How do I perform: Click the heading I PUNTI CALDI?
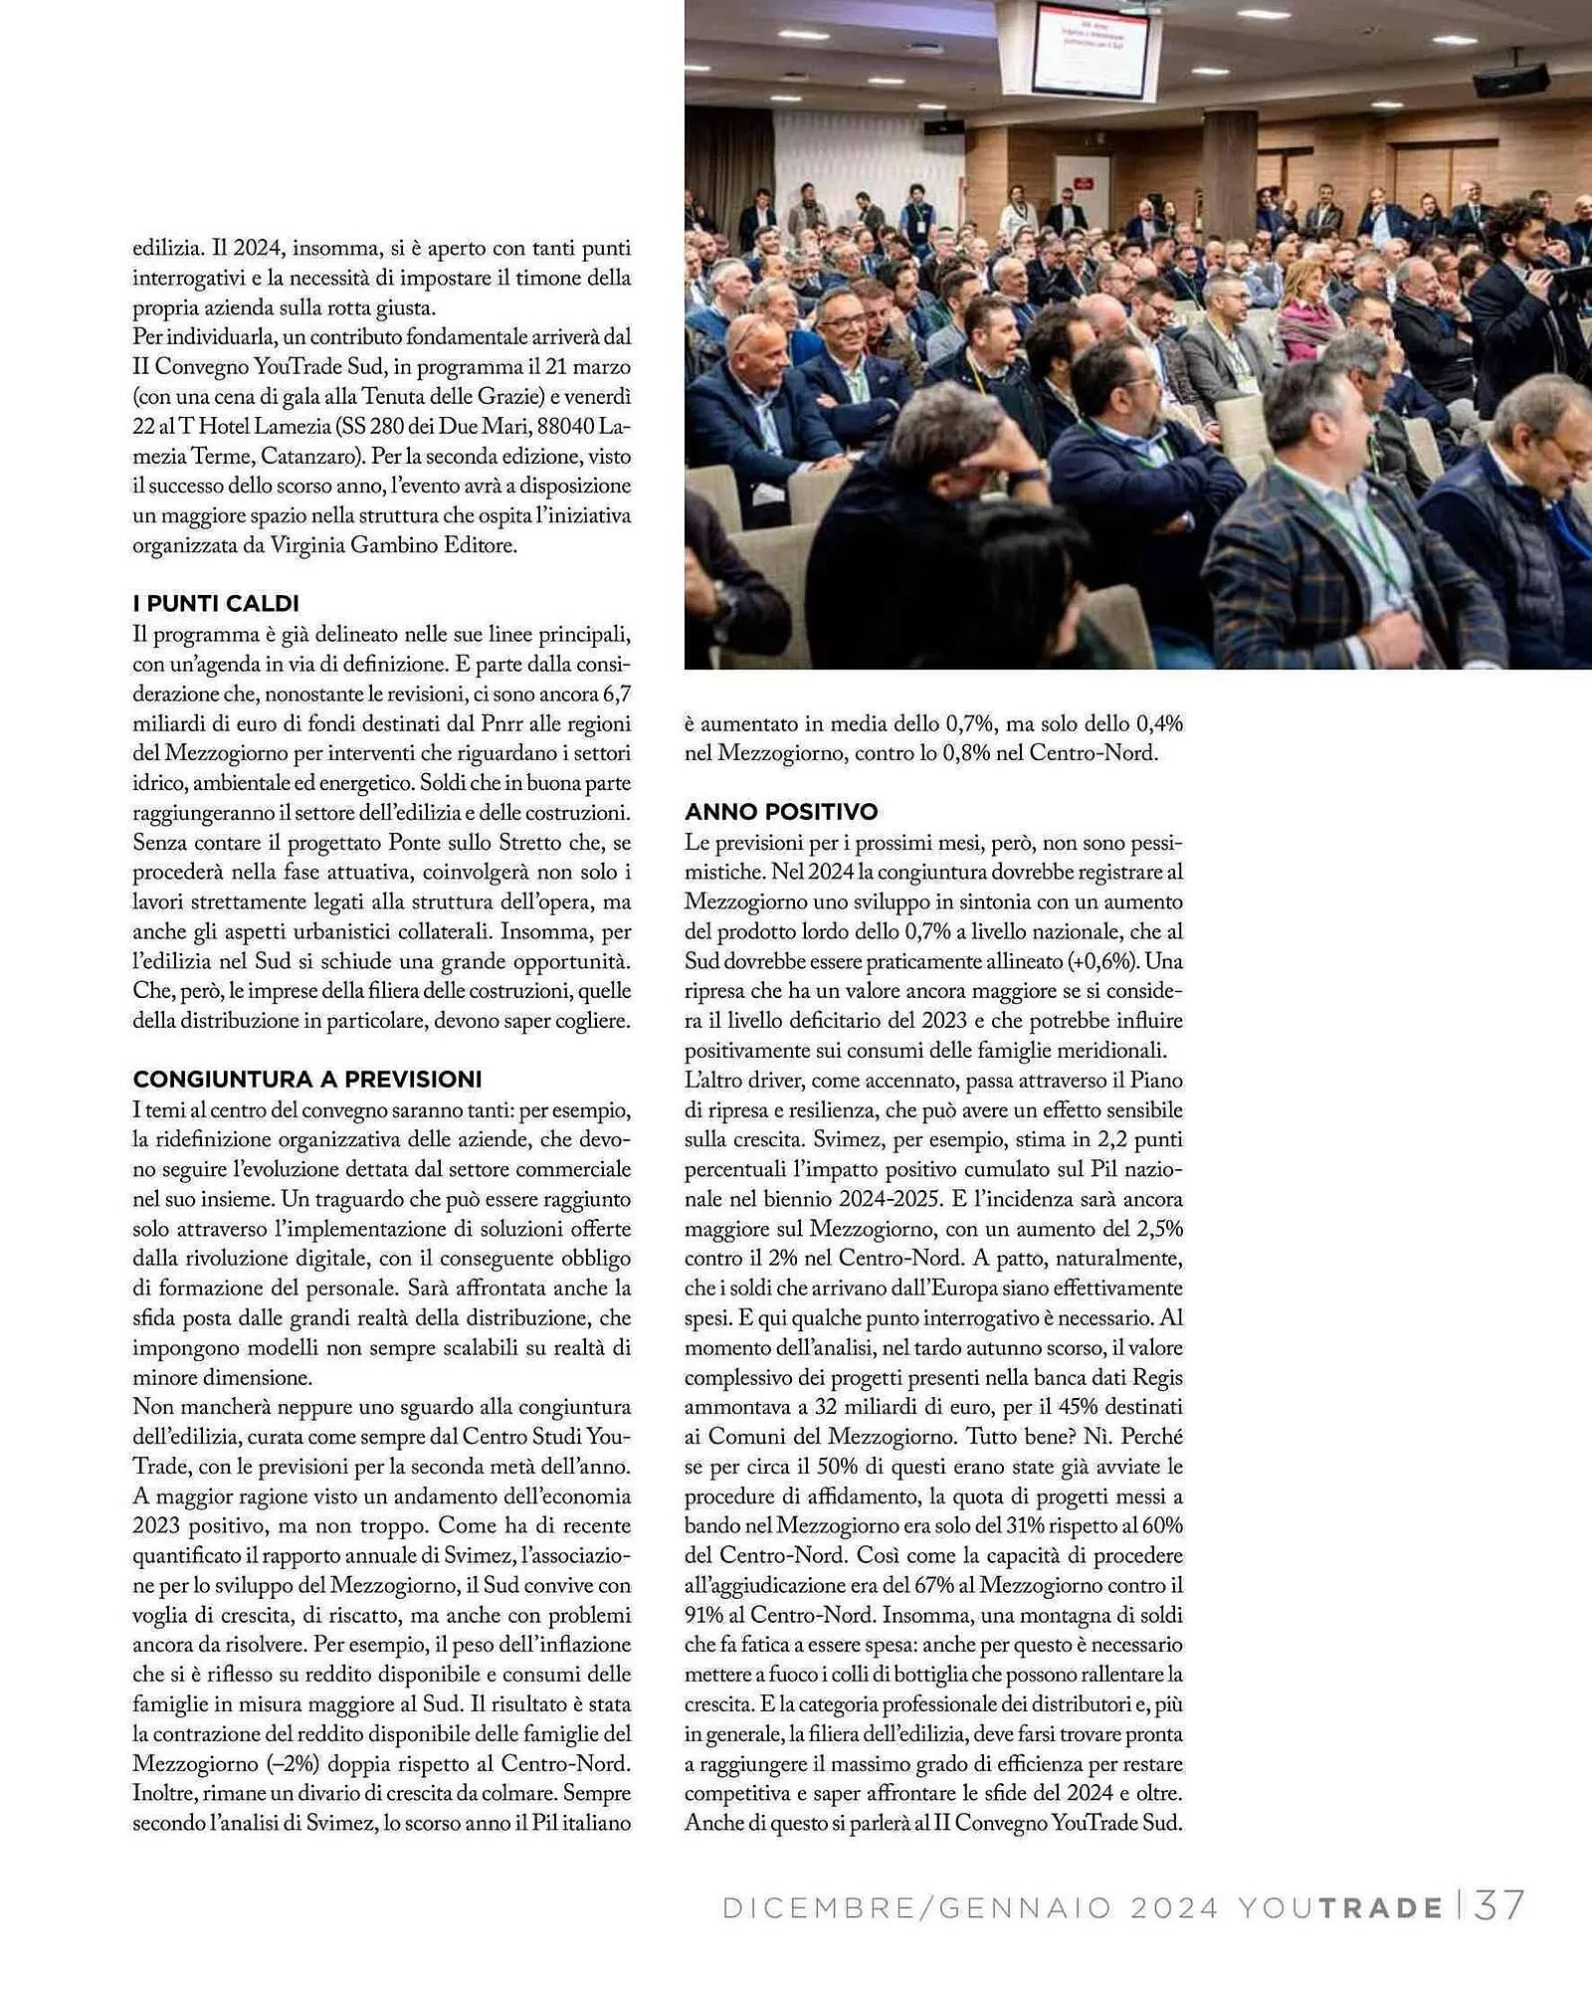[x=216, y=603]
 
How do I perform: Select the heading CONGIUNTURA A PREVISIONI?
[x=307, y=1080]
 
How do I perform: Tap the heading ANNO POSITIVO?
[x=781, y=812]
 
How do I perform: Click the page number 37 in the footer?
[x=1500, y=1906]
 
